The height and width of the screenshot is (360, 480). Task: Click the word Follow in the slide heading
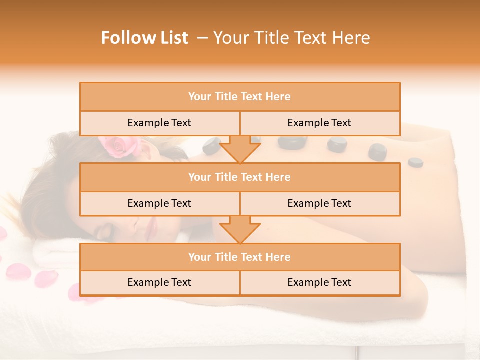122,38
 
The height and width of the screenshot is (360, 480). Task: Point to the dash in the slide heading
202,38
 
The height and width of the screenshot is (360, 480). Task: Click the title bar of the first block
240,97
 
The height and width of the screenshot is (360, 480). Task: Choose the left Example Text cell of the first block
159,123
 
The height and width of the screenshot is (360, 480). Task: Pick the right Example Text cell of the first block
319,123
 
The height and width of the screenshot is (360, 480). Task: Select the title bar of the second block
240,177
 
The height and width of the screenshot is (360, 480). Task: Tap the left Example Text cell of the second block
159,203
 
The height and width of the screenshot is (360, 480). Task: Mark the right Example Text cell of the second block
319,203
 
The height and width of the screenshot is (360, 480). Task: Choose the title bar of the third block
240,257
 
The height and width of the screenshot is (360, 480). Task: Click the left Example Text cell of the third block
159,282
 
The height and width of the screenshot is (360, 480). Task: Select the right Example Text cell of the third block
319,282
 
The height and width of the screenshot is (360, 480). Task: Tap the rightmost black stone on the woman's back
415,162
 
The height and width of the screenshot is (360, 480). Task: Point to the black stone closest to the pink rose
210,146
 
